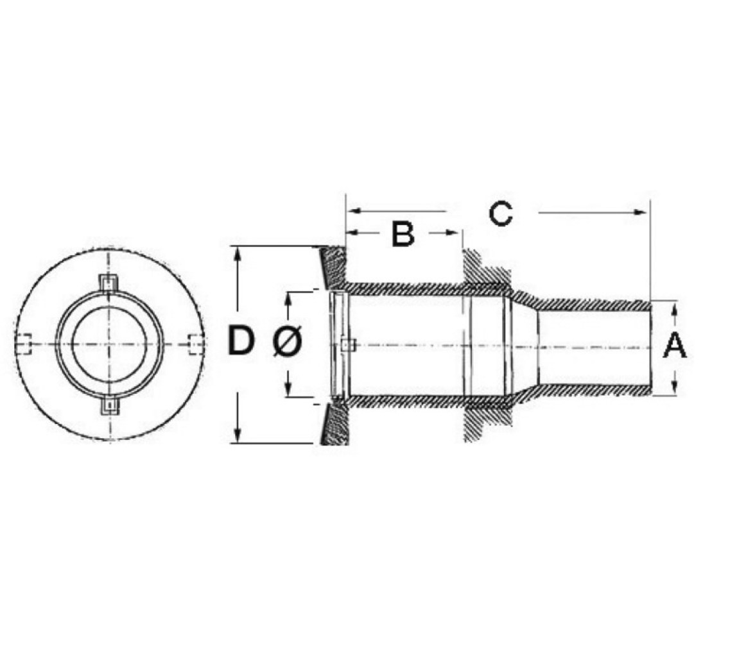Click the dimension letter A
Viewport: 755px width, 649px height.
(675, 346)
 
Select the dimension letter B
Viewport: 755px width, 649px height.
(403, 234)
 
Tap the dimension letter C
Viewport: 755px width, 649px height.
(500, 214)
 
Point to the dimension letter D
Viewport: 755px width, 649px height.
(241, 340)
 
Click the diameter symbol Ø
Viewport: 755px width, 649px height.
(287, 341)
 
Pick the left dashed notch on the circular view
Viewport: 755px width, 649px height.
(24, 344)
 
